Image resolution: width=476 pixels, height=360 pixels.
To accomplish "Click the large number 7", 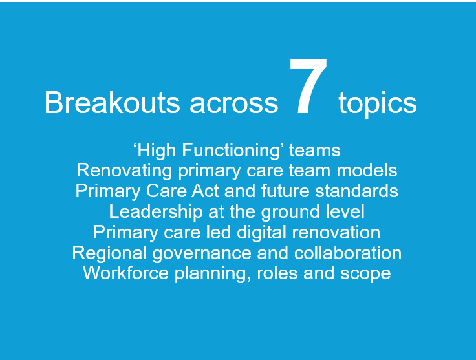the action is coord(308,87).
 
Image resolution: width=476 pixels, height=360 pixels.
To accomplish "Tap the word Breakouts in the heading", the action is coord(113,103).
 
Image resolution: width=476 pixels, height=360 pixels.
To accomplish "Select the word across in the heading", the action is coord(233,105).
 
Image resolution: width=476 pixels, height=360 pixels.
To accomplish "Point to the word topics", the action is coord(377,104).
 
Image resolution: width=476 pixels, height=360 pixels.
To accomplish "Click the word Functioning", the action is coord(230,151).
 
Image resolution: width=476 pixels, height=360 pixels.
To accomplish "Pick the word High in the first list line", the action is coord(157,151).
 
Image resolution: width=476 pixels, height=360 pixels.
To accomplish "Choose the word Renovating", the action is coord(124,171).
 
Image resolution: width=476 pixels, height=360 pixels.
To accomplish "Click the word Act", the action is coord(205,191).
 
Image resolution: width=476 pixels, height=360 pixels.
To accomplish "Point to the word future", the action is coord(285,191).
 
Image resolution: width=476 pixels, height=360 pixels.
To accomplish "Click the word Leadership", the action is coord(156,212).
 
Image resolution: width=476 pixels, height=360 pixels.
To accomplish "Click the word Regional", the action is coord(109,253).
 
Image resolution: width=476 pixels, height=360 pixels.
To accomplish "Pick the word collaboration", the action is coord(348,253).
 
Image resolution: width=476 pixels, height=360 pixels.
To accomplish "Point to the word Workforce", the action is coord(125,273).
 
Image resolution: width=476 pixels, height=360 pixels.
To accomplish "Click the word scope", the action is coord(365,275).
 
